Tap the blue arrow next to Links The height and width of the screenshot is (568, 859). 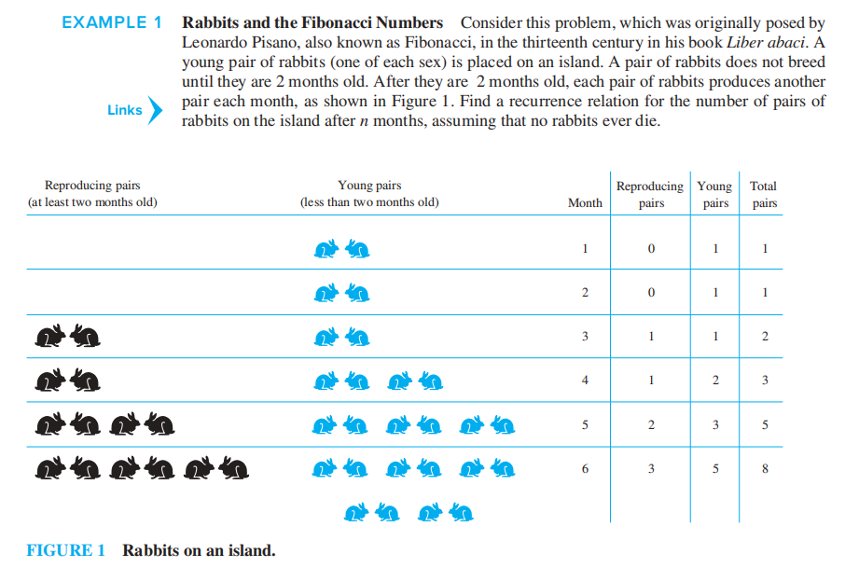click(x=156, y=110)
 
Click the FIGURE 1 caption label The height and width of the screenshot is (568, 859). click(x=65, y=550)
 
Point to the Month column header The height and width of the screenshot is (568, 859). click(x=585, y=202)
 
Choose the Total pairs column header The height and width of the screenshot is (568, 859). click(x=764, y=194)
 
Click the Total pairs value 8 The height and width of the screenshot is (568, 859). click(x=765, y=469)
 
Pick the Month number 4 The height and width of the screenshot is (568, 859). click(x=585, y=381)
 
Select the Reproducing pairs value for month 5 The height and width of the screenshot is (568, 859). click(x=651, y=424)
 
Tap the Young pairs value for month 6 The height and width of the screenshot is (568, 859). click(x=715, y=469)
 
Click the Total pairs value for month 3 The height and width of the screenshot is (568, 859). click(x=765, y=337)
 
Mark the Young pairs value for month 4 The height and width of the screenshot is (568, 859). click(x=715, y=381)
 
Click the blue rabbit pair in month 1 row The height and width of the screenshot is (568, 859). click(x=342, y=249)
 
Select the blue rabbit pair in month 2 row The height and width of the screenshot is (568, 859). click(x=342, y=293)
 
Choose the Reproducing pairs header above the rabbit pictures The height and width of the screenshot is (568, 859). click(x=92, y=194)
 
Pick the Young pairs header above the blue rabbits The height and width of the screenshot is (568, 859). click(x=369, y=194)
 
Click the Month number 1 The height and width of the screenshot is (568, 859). click(x=585, y=249)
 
